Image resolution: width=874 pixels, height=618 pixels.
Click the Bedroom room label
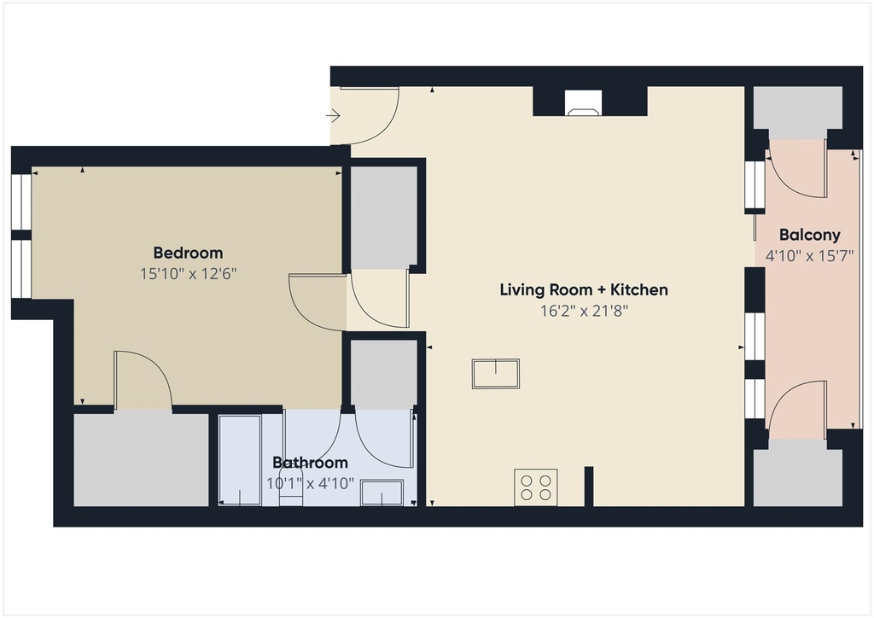coord(188,253)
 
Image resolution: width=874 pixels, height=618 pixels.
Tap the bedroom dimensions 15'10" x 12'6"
coord(189,274)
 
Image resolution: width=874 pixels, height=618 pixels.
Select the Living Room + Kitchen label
coord(584,289)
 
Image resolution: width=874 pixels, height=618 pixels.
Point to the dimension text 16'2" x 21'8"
coord(584,311)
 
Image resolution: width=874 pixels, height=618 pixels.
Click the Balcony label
coord(809,235)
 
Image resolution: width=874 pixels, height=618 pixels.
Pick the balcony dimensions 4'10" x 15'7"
coord(809,256)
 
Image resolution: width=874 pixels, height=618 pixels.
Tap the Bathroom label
coord(310,463)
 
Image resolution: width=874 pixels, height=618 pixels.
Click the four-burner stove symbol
coord(536,487)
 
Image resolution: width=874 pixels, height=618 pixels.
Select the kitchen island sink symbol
coord(496,373)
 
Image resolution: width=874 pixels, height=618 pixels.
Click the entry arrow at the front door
coord(334,116)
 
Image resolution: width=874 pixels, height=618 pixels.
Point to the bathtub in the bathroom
coord(240,460)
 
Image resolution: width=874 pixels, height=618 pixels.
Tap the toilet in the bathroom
coord(291,492)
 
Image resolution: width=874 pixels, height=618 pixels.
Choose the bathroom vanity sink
coord(382,493)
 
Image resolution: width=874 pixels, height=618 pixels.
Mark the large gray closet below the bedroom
coord(141,460)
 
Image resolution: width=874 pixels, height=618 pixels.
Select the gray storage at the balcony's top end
coord(798,113)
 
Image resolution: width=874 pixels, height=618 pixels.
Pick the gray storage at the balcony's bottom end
coord(798,473)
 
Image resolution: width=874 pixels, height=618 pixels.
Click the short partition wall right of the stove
coord(589,487)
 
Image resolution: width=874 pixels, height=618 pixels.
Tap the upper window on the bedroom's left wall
coord(21,202)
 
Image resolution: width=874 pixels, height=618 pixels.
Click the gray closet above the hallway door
coord(383,218)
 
